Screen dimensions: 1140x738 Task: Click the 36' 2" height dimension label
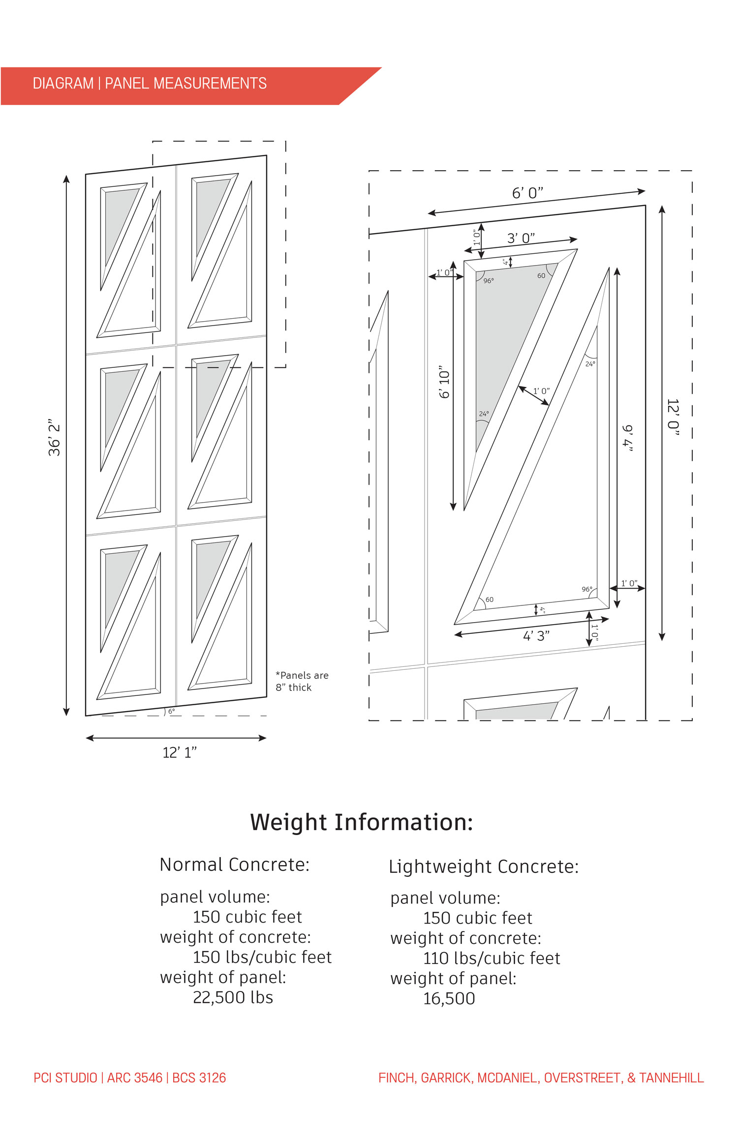pyautogui.click(x=54, y=438)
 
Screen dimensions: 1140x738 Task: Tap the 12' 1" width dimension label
pyautogui.click(x=180, y=752)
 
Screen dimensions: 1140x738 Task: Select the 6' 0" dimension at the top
pyautogui.click(x=527, y=193)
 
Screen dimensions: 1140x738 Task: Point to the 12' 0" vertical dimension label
pyautogui.click(x=673, y=418)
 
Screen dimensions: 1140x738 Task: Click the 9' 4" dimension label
pyautogui.click(x=628, y=438)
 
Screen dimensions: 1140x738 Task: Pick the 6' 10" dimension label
pyautogui.click(x=444, y=382)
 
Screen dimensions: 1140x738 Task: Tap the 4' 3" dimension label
pyautogui.click(x=536, y=636)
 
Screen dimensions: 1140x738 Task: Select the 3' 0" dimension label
pyautogui.click(x=521, y=239)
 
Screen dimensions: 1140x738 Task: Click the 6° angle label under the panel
pyautogui.click(x=171, y=711)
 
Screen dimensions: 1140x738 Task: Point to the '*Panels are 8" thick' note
pyautogui.click(x=302, y=681)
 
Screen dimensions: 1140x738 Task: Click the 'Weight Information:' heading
pyautogui.click(x=361, y=822)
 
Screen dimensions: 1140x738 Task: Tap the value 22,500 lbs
pyautogui.click(x=233, y=997)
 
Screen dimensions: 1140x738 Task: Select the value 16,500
pyautogui.click(x=449, y=998)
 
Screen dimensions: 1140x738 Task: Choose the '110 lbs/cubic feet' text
pyautogui.click(x=491, y=958)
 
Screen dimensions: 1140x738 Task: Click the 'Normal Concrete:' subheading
pyautogui.click(x=235, y=865)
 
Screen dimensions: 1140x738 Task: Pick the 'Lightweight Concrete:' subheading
pyautogui.click(x=483, y=867)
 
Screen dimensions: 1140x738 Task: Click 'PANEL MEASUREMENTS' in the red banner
pyautogui.click(x=185, y=84)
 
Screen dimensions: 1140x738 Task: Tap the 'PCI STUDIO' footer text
pyautogui.click(x=65, y=1078)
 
